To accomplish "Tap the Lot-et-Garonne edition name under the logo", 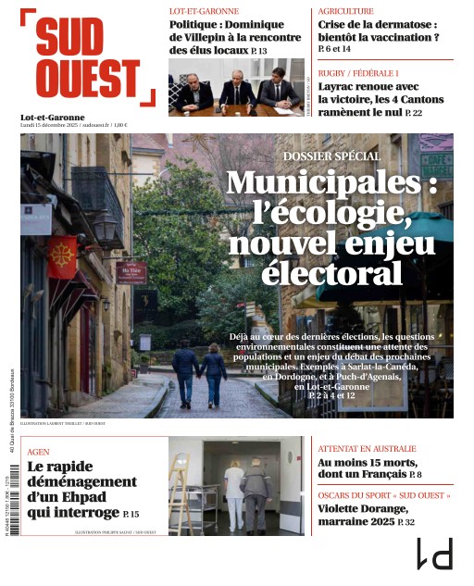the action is tap(52, 118).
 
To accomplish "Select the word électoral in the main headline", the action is tap(330, 275).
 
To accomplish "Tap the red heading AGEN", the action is tap(39, 452).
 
